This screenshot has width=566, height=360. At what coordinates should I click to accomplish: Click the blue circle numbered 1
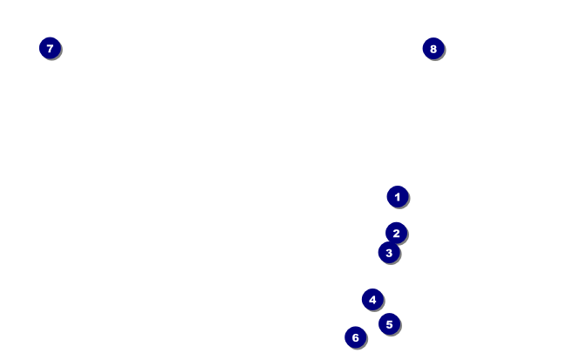pos(398,197)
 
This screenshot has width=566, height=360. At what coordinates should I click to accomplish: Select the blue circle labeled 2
pos(397,233)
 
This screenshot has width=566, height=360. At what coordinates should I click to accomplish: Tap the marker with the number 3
pos(389,253)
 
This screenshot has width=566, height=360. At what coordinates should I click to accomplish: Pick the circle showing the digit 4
pos(372,300)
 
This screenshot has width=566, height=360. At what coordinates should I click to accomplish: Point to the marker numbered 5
pos(389,324)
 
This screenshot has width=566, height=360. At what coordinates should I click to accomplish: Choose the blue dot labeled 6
pos(355,337)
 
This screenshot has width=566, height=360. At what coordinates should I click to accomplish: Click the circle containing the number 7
pos(50,49)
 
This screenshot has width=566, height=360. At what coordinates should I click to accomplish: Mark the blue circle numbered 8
pos(433,49)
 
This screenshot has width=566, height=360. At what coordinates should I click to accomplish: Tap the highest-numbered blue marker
pos(433,49)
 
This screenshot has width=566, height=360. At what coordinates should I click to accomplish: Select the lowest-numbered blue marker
pos(398,197)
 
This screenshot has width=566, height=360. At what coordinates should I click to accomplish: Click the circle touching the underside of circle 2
pos(389,253)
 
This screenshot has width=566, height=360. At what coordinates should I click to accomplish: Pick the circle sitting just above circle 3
pos(397,233)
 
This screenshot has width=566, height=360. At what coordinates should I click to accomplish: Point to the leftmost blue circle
pos(50,49)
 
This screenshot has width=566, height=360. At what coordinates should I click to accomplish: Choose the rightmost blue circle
pos(433,49)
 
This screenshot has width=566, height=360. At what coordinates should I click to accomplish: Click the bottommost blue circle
pos(355,337)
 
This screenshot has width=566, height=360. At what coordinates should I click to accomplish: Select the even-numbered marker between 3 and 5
pos(372,300)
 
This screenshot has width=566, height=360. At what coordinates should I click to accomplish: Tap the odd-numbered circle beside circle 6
pos(389,324)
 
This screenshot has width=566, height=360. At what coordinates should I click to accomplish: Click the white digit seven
pos(50,49)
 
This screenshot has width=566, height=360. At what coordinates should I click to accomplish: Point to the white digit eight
pos(433,49)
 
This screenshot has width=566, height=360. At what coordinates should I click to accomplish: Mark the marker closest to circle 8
pos(398,197)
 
